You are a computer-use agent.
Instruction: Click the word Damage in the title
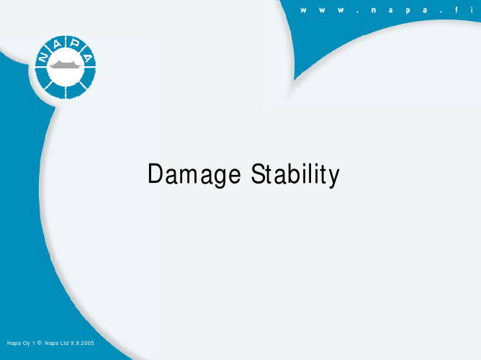(194, 174)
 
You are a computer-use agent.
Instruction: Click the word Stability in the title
(295, 174)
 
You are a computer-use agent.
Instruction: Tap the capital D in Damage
(156, 174)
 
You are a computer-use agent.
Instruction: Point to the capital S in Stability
(258, 174)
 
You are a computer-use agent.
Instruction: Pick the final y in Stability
(334, 178)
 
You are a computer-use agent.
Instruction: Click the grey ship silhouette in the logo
(66, 64)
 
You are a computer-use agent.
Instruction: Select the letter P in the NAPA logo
(75, 43)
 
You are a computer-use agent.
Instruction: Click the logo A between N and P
(57, 44)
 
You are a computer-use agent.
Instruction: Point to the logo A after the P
(88, 57)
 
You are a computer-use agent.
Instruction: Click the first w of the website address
(303, 10)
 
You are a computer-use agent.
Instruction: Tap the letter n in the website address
(373, 10)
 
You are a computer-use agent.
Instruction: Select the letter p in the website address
(408, 11)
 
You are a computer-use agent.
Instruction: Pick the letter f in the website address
(457, 10)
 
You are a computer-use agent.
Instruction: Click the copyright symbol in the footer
(40, 343)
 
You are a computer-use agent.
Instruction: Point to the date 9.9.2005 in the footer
(82, 343)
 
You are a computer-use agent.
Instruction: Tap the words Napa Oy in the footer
(19, 343)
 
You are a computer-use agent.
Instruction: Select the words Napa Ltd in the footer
(56, 343)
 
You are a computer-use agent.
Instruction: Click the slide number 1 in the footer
(33, 343)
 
